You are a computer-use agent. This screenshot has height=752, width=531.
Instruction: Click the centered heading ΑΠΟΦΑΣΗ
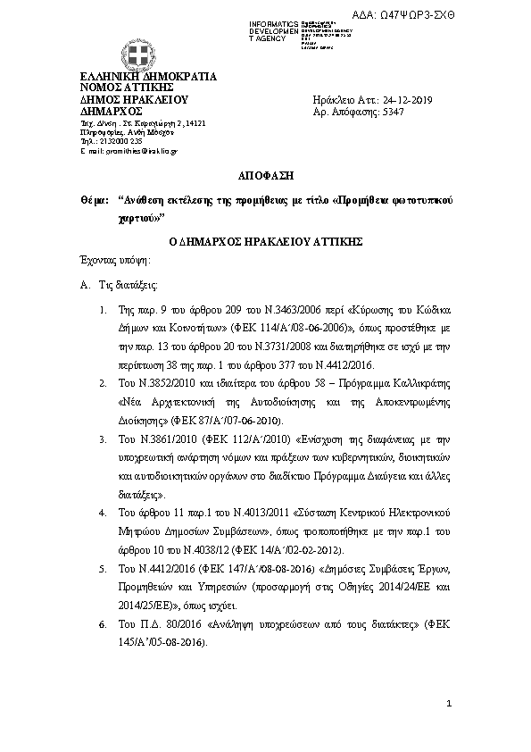pyautogui.click(x=265, y=176)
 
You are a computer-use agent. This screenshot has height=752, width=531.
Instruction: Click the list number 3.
pyautogui.click(x=104, y=440)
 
